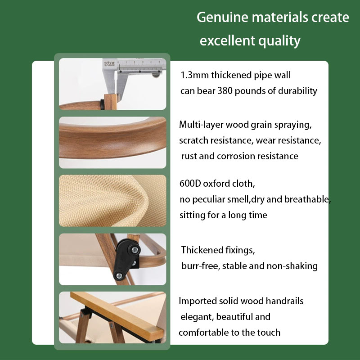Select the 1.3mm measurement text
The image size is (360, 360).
click(194, 75)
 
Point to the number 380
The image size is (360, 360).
click(225, 91)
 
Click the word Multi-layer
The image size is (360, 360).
click(201, 125)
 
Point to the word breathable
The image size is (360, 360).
click(307, 199)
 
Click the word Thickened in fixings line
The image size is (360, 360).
click(202, 250)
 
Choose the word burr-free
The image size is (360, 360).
click(201, 266)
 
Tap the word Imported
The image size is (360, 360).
click(198, 301)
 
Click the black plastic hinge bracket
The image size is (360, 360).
click(127, 259)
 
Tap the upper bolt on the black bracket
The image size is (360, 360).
click(135, 250)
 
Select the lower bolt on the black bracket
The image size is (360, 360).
click(119, 275)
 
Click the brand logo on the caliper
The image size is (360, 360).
click(109, 63)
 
